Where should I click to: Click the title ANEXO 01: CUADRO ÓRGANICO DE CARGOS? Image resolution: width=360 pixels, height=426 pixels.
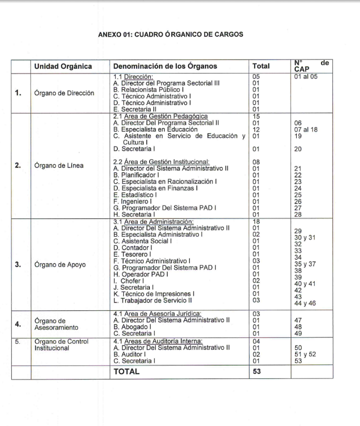coord(171,34)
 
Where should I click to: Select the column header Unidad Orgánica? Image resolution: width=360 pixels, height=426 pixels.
coord(63,66)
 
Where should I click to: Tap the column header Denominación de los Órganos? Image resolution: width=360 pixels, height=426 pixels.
coord(165,66)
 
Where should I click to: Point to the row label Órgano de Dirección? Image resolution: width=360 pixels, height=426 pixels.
coord(64,92)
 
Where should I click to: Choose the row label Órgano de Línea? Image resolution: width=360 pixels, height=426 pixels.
coord(59,165)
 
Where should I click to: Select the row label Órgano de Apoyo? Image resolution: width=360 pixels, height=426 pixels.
coord(60,264)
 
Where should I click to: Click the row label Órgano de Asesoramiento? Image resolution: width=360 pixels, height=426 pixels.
coord(57,324)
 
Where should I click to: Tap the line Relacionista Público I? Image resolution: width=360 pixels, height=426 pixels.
coord(148,89)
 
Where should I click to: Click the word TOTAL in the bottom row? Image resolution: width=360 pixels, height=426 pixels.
coord(126,371)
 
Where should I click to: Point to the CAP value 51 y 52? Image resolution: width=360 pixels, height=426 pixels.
coord(306,355)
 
